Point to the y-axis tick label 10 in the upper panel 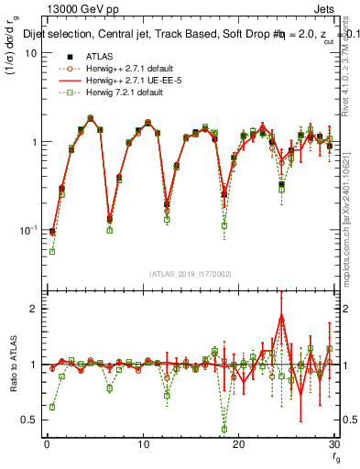point(29,53)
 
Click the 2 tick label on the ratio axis point(33,309)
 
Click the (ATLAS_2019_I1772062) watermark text point(190,274)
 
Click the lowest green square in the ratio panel point(224,429)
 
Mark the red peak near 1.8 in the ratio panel point(281,317)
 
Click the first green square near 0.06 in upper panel point(52,251)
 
